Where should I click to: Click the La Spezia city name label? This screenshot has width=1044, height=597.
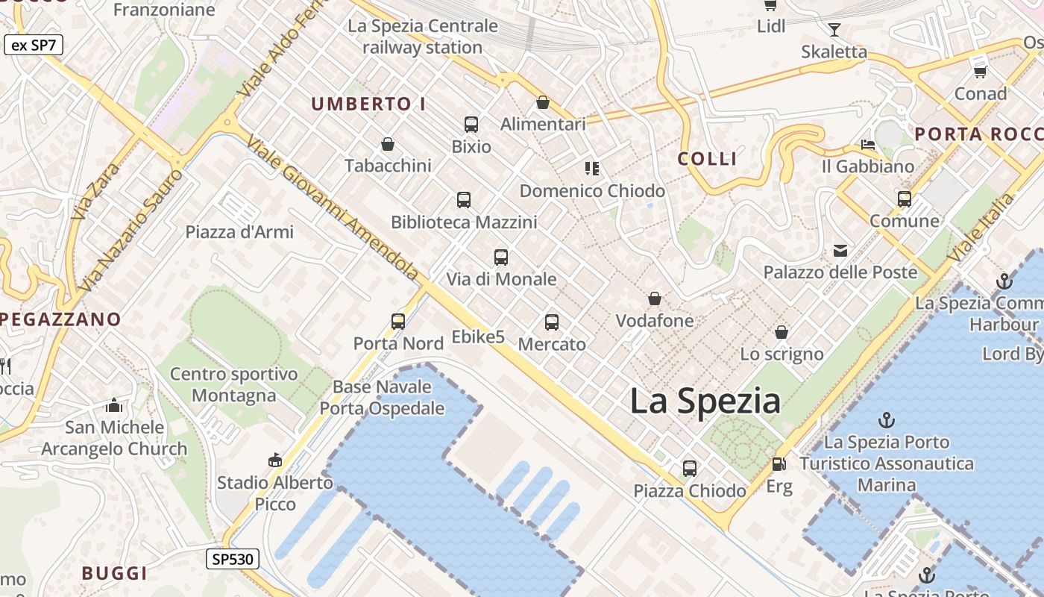pyautogui.click(x=705, y=401)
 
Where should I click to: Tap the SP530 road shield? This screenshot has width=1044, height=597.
pyautogui.click(x=232, y=558)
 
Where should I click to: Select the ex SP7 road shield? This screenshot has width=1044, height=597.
pyautogui.click(x=34, y=45)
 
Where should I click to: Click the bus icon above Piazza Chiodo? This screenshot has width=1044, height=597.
pyautogui.click(x=690, y=469)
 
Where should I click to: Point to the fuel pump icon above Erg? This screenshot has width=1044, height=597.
pyautogui.click(x=779, y=464)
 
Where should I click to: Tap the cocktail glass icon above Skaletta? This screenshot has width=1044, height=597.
pyautogui.click(x=834, y=30)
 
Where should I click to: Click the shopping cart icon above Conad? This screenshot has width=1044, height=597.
pyautogui.click(x=981, y=72)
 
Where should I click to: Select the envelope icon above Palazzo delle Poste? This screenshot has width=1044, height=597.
pyautogui.click(x=840, y=251)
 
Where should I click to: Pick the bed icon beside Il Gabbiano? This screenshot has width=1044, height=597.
pyautogui.click(x=867, y=145)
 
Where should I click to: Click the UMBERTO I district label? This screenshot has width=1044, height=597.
pyautogui.click(x=368, y=104)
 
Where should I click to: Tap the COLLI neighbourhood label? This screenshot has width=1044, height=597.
pyautogui.click(x=707, y=158)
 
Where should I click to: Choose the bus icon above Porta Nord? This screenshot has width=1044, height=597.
pyautogui.click(x=398, y=322)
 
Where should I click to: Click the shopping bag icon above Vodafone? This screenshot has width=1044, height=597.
pyautogui.click(x=655, y=299)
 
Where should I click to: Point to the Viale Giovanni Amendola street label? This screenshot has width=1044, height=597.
pyautogui.click(x=332, y=208)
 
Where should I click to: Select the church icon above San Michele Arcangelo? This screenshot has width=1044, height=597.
pyautogui.click(x=114, y=405)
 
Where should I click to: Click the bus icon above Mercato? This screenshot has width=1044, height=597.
pyautogui.click(x=552, y=322)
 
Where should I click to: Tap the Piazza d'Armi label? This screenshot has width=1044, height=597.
pyautogui.click(x=239, y=232)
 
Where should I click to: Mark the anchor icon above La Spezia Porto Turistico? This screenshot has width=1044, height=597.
pyautogui.click(x=887, y=419)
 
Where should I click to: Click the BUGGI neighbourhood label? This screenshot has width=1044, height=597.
pyautogui.click(x=114, y=573)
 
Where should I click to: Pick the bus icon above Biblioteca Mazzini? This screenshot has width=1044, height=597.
pyautogui.click(x=464, y=200)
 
